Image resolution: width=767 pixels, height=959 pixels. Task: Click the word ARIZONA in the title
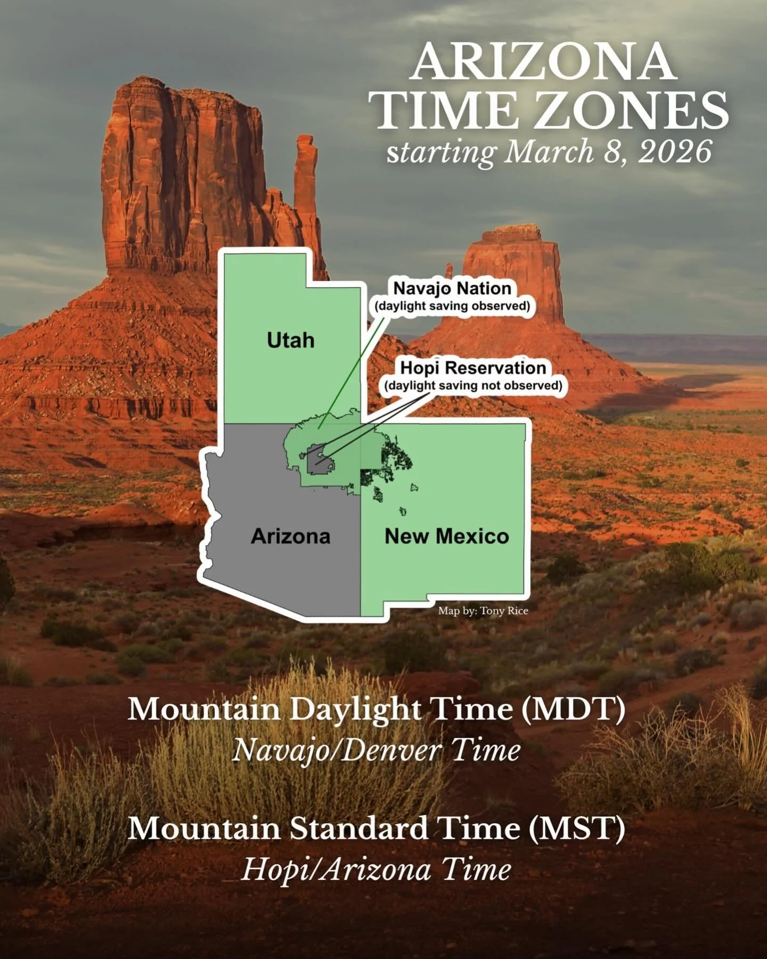point(543,62)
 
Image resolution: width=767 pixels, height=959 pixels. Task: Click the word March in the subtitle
point(549,152)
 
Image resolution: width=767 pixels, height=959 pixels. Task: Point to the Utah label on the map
point(290,340)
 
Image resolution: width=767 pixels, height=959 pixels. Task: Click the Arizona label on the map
point(290,536)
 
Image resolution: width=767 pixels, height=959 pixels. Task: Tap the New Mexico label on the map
point(446,536)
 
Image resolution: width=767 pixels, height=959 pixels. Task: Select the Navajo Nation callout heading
point(452,288)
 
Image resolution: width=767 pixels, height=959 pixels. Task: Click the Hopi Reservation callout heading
point(473,368)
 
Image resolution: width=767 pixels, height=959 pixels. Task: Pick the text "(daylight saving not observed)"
point(473,385)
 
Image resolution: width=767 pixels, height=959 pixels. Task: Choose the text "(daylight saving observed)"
point(452,306)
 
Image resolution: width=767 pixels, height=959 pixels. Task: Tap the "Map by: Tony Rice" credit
point(483,610)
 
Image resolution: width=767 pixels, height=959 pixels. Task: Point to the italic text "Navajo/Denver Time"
point(376,750)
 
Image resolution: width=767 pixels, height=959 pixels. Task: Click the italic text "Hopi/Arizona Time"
point(376,869)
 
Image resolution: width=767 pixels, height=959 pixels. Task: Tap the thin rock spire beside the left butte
point(306,181)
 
